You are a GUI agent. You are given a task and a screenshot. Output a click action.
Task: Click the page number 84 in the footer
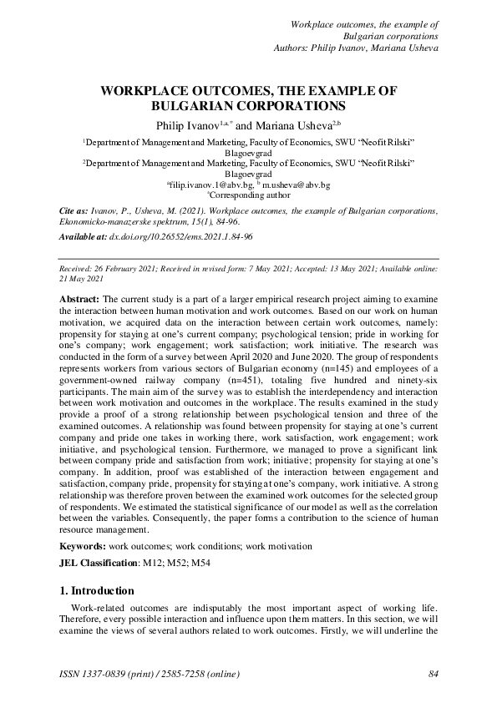433,674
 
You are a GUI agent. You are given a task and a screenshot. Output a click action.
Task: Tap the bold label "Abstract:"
80,298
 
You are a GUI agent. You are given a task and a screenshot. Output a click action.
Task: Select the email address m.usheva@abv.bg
297,184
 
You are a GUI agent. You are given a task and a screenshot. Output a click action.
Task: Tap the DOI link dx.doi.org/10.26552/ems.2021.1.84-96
180,237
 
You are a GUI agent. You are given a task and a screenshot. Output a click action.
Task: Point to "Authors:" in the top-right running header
295,48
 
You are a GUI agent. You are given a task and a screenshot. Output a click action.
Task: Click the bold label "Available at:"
81,237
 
